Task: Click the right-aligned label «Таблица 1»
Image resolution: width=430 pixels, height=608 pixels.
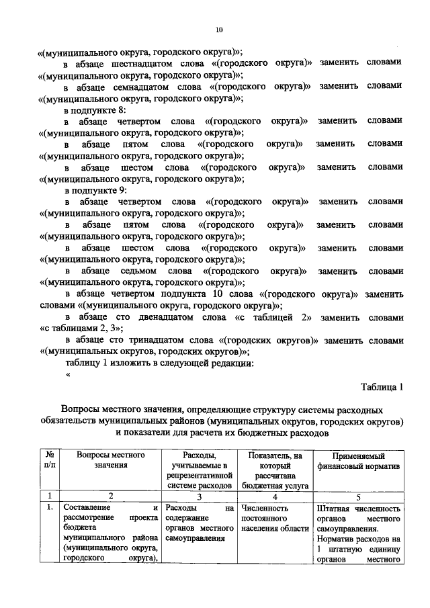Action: point(381,387)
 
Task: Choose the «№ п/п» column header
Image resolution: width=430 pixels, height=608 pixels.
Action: point(48,460)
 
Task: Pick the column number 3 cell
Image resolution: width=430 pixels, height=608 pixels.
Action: point(200,496)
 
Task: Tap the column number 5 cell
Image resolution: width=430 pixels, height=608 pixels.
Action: point(357,496)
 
